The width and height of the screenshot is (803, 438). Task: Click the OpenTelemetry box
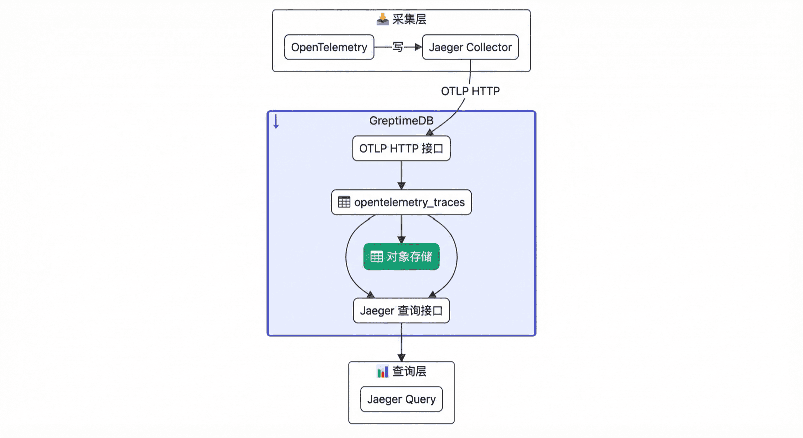[329, 47]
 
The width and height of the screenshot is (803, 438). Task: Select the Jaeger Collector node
[470, 47]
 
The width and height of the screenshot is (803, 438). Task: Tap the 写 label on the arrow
[398, 47]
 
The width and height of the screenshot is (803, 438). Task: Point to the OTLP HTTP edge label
[470, 91]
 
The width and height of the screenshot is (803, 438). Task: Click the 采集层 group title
[409, 20]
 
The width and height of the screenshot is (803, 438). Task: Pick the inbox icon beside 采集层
[383, 19]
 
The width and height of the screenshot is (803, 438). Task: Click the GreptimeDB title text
[401, 121]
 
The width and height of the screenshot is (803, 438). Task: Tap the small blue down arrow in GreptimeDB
[276, 121]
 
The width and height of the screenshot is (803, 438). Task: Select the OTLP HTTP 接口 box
[401, 149]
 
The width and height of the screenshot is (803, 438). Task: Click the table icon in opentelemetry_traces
[344, 202]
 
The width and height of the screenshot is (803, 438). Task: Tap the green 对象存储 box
[401, 257]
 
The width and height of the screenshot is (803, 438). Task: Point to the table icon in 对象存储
[377, 257]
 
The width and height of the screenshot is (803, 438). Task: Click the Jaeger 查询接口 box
[401, 311]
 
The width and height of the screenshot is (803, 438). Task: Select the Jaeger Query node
[401, 399]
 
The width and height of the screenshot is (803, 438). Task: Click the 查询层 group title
[409, 371]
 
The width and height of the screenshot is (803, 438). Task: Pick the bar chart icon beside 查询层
[383, 372]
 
